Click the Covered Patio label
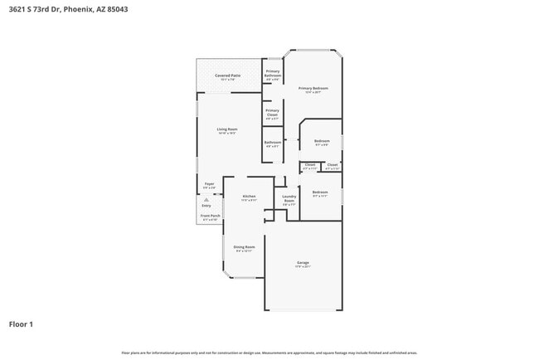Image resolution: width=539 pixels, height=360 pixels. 228,76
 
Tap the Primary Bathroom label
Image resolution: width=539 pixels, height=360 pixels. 272,74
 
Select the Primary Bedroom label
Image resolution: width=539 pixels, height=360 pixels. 313,89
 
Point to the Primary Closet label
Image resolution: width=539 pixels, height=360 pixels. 272,112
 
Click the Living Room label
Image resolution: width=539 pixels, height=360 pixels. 227,129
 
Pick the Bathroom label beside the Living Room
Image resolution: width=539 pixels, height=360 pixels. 272,143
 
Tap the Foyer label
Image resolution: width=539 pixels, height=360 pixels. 210,184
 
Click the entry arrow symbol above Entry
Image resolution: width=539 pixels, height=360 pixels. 206,200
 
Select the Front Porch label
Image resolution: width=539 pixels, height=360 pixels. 211,216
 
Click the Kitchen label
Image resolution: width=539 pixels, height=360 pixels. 249,197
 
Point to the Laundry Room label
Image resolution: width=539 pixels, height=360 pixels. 289,199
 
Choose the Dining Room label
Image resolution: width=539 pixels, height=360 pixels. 244,247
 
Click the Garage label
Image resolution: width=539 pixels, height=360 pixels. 303,264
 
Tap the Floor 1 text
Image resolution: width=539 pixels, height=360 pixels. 21,324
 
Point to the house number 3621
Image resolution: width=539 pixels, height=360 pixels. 17,8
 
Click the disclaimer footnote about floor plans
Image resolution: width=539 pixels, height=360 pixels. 269,352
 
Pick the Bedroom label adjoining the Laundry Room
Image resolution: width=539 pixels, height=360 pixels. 320,193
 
